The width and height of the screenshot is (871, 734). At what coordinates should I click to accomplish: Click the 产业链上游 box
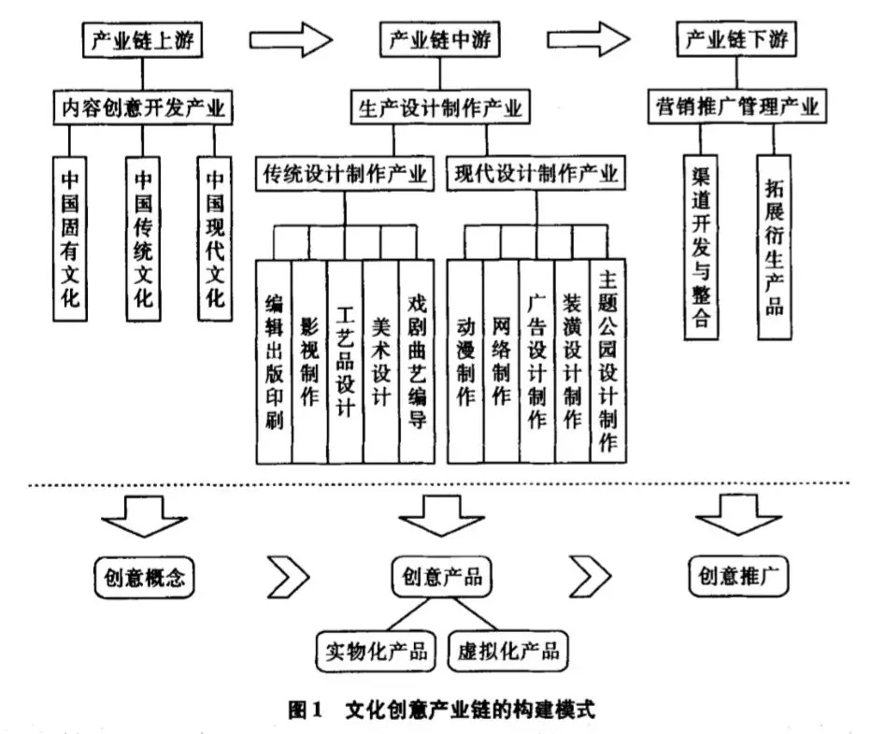(139, 41)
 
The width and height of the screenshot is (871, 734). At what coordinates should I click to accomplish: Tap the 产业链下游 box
(737, 41)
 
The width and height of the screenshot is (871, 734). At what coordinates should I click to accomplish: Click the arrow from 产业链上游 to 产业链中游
(291, 39)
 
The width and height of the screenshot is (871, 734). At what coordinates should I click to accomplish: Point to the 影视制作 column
(309, 360)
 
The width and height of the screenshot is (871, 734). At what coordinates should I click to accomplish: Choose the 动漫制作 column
(465, 360)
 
